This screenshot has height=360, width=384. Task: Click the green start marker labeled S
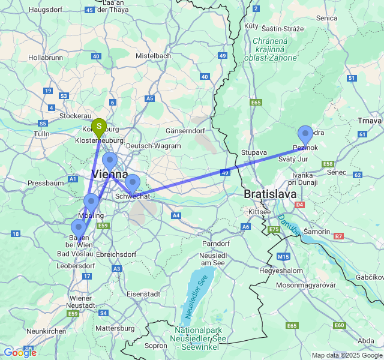pyautogui.click(x=99, y=127)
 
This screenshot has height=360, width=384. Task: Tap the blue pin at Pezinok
pyautogui.click(x=305, y=135)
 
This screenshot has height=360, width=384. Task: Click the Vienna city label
pyautogui.click(x=109, y=175)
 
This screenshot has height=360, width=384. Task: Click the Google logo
pyautogui.click(x=20, y=352)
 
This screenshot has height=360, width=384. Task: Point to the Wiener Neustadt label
pyautogui.click(x=82, y=302)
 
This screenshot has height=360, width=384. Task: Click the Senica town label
pyautogui.click(x=327, y=19)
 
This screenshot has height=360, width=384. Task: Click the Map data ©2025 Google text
pyautogui.click(x=346, y=355)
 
